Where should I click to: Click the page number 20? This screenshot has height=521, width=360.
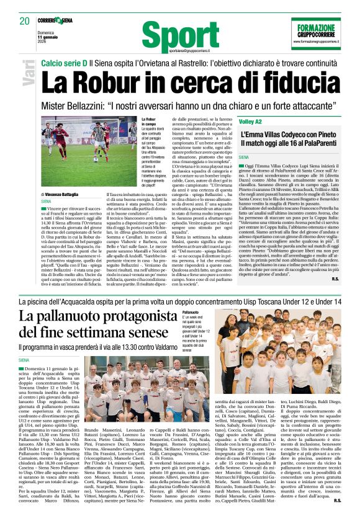[24, 20]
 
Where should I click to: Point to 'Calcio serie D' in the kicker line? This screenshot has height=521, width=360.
[64, 63]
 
